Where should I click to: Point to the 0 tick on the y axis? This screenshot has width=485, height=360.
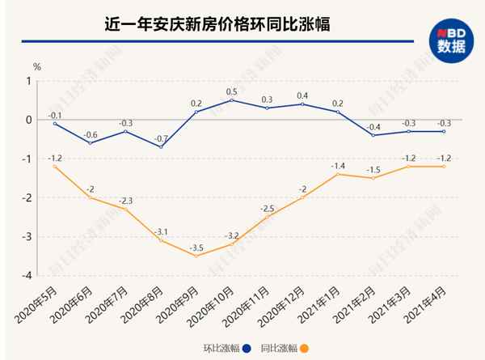pyautogui.click(x=28, y=120)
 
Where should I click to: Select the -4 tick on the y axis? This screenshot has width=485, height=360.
pyautogui.click(x=27, y=275)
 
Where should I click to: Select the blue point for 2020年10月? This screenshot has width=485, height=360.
pyautogui.click(x=232, y=100)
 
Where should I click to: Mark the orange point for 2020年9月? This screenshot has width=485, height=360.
pyautogui.click(x=196, y=256)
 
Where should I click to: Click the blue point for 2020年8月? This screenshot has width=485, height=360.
pyautogui.click(x=161, y=146)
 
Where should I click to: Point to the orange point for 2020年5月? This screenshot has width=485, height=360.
pyautogui.click(x=55, y=166)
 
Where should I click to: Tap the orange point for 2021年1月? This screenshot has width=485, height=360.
pyautogui.click(x=338, y=174)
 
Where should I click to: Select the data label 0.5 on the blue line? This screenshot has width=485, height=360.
pyautogui.click(x=232, y=91)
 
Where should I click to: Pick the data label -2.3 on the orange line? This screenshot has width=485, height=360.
pyautogui.click(x=126, y=200)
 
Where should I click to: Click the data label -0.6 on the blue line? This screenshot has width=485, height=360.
pyautogui.click(x=91, y=133)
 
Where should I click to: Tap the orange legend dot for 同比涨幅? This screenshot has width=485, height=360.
pyautogui.click(x=304, y=349)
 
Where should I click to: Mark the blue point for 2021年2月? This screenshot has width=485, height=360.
pyautogui.click(x=373, y=135)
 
